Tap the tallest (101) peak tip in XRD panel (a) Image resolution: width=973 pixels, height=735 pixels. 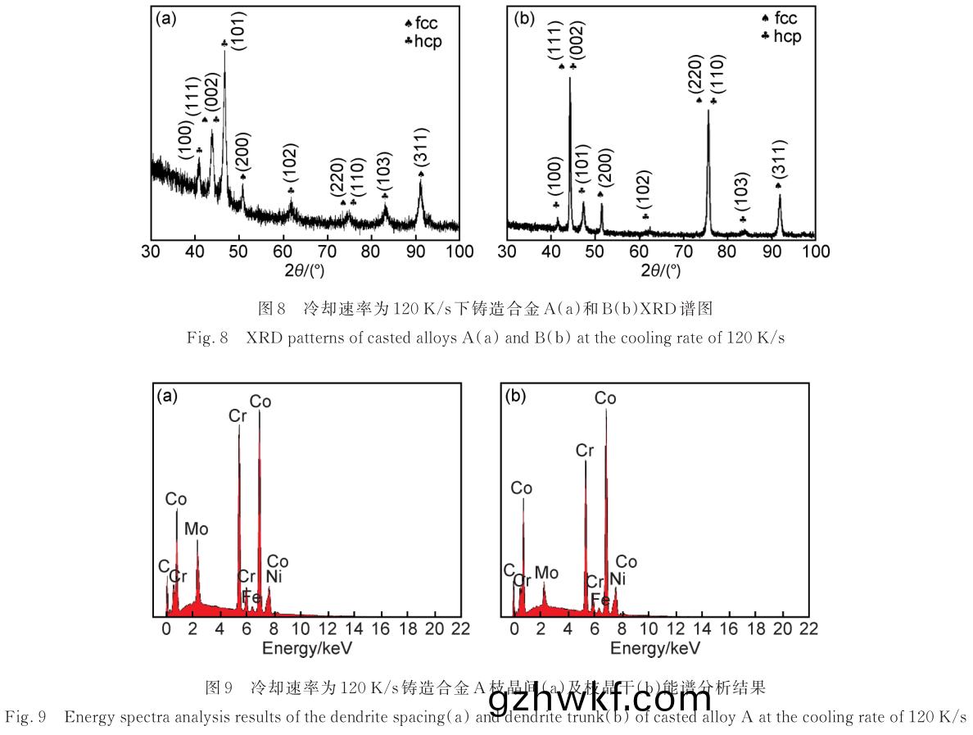[224, 52]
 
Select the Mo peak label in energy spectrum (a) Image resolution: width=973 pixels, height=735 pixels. [196, 529]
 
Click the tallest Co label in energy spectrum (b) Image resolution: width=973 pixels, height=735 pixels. [605, 398]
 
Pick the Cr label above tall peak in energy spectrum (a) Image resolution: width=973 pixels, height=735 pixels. [238, 416]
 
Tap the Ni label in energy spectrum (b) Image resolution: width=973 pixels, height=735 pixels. [618, 580]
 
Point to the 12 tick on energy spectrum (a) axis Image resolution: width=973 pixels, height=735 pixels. [327, 628]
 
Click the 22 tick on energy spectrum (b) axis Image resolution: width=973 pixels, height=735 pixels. [808, 628]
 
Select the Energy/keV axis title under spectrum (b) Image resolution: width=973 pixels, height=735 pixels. [655, 648]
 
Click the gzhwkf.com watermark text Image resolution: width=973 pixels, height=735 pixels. [600, 699]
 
